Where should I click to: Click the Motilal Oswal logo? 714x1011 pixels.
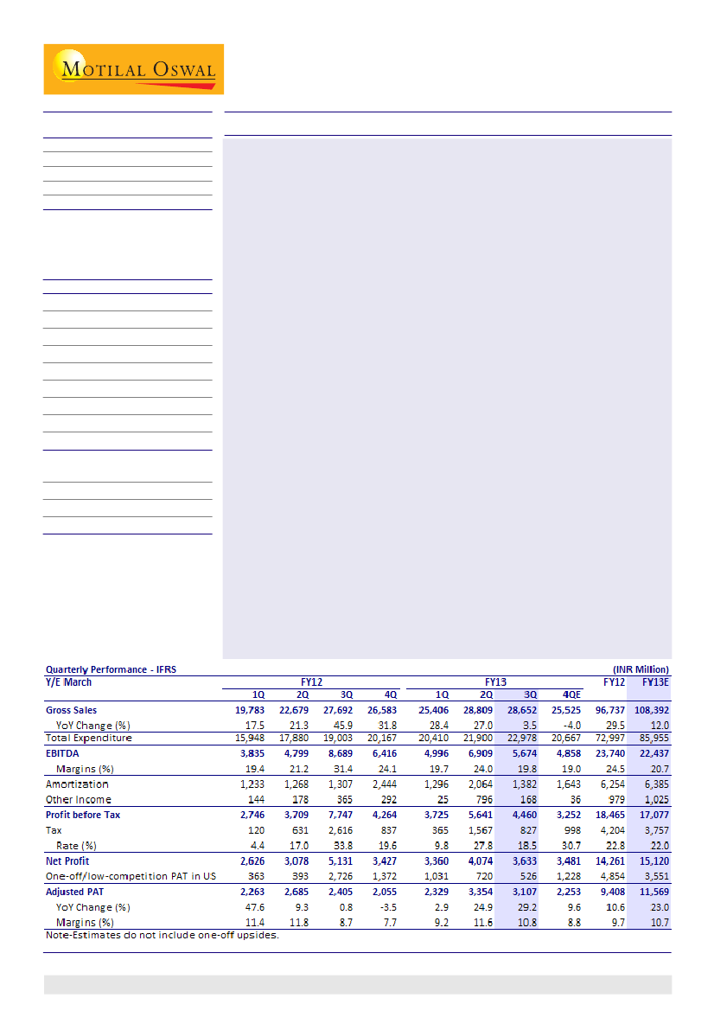pos(134,69)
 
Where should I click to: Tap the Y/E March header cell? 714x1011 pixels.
pos(68,681)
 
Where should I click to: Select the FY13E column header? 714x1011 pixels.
pos(653,681)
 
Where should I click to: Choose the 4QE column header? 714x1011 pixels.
pos(571,694)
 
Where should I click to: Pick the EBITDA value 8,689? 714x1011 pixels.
pos(339,754)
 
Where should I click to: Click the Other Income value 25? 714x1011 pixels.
pos(443,800)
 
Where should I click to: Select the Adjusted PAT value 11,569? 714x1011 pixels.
pos(653,892)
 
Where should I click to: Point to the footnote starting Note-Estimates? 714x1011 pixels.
pos(162,936)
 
